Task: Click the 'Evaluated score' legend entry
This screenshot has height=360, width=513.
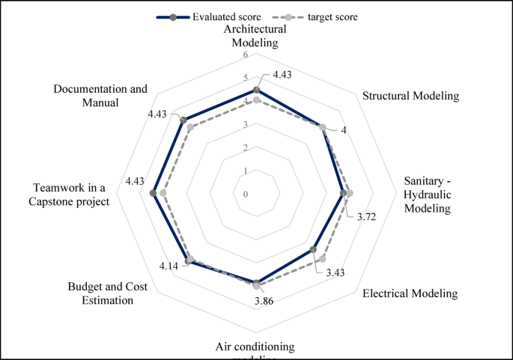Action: pos(216,16)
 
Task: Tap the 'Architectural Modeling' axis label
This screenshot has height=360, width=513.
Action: pos(256,36)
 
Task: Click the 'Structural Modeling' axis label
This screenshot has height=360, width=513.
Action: pos(410,96)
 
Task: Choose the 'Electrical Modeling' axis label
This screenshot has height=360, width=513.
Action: pos(410,293)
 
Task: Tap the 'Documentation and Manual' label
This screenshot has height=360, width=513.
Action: pos(100,96)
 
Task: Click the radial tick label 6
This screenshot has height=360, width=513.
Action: pos(246,55)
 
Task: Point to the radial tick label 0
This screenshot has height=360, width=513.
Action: pos(246,195)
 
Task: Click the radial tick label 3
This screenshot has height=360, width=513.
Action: pos(246,125)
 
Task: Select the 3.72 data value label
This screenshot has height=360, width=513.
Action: pos(366,217)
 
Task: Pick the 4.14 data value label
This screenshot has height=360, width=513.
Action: pos(169,266)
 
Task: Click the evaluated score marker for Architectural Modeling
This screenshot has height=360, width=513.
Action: pos(257,90)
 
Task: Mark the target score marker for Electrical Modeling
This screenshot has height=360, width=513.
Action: pos(322,259)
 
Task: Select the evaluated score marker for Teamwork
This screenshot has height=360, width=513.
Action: pos(154,194)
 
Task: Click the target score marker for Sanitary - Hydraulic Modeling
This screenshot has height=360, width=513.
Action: pos(349,194)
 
